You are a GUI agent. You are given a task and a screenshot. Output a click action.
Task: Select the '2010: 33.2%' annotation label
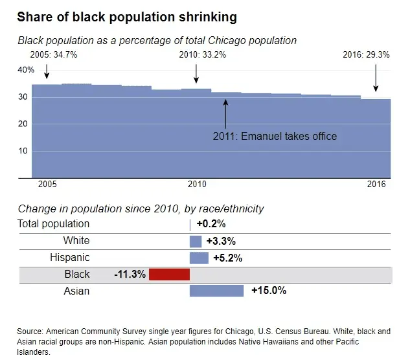click(203, 55)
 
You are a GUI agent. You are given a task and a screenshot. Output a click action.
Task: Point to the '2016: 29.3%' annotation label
click(366, 55)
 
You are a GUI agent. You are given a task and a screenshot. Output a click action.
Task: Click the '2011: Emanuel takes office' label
click(275, 136)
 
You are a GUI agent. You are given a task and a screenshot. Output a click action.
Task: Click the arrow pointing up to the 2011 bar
click(225, 113)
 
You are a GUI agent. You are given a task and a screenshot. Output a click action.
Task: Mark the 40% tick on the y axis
click(26, 70)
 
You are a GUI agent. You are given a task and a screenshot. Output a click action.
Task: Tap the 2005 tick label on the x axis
click(47, 185)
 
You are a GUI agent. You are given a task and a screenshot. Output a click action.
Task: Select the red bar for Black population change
click(169, 275)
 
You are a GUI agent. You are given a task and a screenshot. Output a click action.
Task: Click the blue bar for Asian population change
click(216, 291)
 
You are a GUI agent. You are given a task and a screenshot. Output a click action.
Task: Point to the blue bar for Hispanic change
click(199, 258)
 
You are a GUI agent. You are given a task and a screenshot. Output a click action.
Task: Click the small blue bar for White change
click(196, 241)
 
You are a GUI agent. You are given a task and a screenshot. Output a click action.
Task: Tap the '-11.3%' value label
click(130, 275)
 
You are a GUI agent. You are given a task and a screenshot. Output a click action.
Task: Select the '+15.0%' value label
click(268, 291)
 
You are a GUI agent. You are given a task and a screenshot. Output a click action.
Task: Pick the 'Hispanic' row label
click(70, 258)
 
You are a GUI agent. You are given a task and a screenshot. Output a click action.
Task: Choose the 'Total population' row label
click(54, 224)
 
